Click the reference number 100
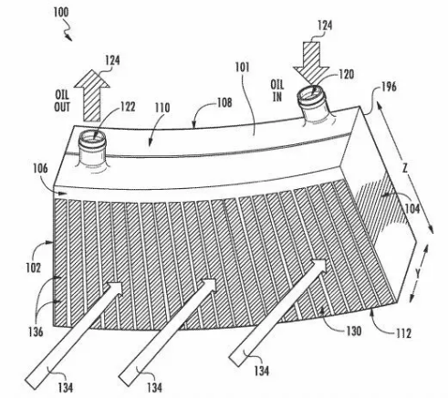61,12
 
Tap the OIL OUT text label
62,101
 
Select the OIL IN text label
276,90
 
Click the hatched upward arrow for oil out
92,95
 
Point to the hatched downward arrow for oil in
311,63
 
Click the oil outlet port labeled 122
92,149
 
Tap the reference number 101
242,68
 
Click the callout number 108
224,102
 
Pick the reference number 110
162,108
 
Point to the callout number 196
389,87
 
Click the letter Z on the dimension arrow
405,168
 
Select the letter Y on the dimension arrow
418,274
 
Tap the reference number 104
412,209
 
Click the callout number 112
403,333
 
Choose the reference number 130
354,331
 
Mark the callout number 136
36,332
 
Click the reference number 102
33,268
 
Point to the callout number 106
40,168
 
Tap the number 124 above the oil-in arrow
325,26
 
